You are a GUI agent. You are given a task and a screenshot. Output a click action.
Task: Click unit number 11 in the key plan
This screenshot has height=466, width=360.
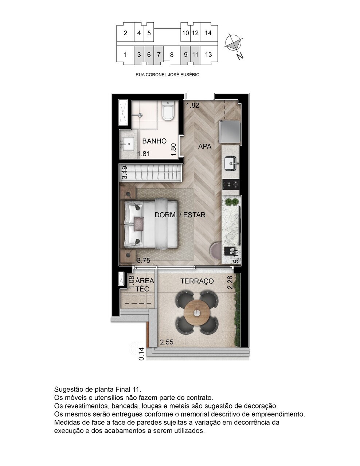click(x=195, y=55)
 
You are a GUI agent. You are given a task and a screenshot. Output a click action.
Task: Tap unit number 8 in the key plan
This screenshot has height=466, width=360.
click(x=172, y=55)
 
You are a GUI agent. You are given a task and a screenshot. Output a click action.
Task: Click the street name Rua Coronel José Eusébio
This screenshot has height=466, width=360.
click(x=167, y=75)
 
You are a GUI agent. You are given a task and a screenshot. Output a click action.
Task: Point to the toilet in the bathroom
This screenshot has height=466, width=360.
click(x=168, y=111)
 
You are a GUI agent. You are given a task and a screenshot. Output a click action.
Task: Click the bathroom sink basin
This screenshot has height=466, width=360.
click(x=129, y=145)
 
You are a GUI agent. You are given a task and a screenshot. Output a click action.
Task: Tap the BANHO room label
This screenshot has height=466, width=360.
click(x=154, y=141)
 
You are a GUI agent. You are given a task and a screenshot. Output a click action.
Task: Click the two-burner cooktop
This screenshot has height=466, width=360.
click(x=231, y=184)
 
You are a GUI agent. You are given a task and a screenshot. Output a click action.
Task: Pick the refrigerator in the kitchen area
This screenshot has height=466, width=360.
click(x=230, y=132)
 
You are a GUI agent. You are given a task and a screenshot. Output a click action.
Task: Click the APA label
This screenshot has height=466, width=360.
click(x=205, y=147)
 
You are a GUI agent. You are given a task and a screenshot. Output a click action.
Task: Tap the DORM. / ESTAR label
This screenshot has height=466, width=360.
click(x=180, y=215)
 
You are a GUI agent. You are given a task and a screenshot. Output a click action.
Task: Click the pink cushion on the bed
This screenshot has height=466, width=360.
click(x=139, y=223)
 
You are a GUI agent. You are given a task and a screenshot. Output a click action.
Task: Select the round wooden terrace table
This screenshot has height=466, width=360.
click(x=197, y=313)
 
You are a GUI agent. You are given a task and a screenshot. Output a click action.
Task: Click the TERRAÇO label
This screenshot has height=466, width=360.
click(x=197, y=281)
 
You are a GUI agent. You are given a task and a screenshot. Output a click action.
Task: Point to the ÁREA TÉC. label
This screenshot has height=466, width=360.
click(x=145, y=285)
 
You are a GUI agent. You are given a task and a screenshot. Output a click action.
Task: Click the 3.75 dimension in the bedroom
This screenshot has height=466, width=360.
click(x=143, y=260)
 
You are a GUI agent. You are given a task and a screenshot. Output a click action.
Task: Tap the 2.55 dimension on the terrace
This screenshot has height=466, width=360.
click(x=167, y=342)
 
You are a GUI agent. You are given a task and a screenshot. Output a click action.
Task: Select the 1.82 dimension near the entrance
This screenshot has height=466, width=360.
click(x=192, y=106)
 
